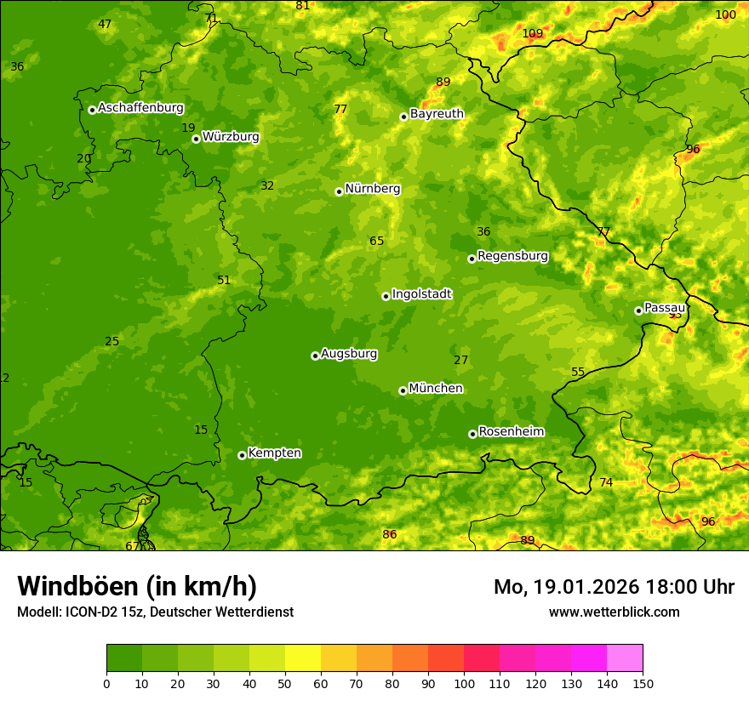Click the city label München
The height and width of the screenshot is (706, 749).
point(436,389)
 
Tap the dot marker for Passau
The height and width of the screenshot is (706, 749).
point(638,310)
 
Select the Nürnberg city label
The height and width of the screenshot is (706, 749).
point(372,189)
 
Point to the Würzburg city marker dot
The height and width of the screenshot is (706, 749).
point(196,139)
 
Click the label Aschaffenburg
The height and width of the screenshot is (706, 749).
point(140,108)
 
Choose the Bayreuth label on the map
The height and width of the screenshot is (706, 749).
point(437,114)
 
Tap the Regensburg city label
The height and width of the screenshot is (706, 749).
point(512,256)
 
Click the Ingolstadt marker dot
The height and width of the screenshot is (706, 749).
point(386,296)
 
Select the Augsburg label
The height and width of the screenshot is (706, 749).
point(348,354)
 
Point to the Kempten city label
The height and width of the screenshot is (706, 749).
point(274,453)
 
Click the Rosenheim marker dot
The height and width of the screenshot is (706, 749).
point(472,434)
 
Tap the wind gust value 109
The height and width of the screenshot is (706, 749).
point(533,34)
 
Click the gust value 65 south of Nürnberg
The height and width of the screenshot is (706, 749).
point(377,242)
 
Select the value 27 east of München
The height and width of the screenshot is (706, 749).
point(461,361)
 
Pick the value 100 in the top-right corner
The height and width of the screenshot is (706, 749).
point(725,15)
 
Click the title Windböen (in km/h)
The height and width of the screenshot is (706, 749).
point(137,586)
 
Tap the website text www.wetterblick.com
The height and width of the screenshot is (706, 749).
point(615,612)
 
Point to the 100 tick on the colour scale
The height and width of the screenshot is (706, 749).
point(464,682)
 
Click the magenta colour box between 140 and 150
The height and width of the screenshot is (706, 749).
point(625,658)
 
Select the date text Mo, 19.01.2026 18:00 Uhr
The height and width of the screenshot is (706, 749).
point(614,587)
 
